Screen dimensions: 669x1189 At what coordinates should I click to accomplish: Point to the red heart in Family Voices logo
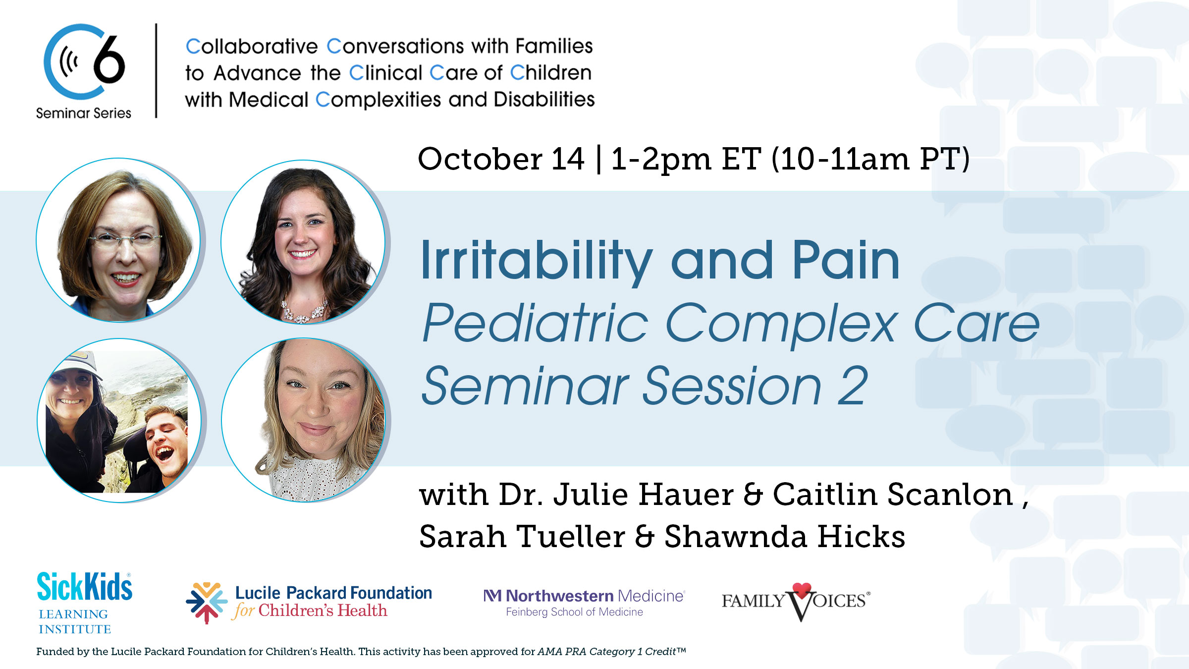click(x=802, y=590)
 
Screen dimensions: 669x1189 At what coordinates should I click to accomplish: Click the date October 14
click(x=500, y=159)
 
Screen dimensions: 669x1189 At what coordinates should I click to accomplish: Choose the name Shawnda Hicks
click(x=785, y=537)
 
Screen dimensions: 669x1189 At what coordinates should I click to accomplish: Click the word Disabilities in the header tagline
click(x=544, y=100)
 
